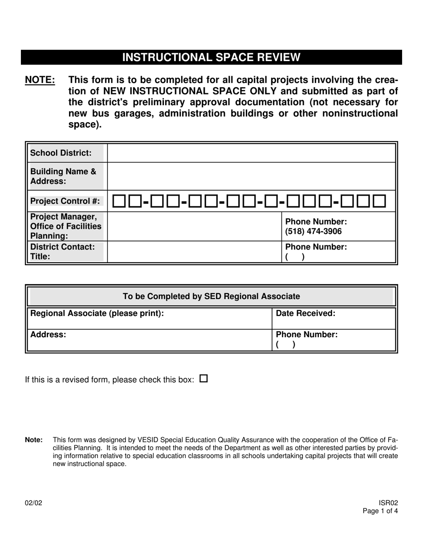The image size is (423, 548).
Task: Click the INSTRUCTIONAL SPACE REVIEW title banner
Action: pyautogui.click(x=211, y=57)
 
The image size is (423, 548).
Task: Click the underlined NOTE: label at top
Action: pyautogui.click(x=40, y=80)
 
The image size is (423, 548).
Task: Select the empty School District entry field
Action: pyautogui.click(x=251, y=153)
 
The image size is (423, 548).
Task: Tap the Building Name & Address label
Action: pyautogui.click(x=63, y=176)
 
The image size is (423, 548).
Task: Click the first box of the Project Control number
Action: pyautogui.click(x=119, y=201)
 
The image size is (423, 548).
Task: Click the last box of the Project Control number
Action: pyautogui.click(x=379, y=201)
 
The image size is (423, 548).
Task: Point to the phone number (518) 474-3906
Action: pyautogui.click(x=313, y=231)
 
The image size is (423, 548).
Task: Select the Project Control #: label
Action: pyautogui.click(x=65, y=201)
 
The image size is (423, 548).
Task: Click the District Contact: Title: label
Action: pyautogui.click(x=62, y=252)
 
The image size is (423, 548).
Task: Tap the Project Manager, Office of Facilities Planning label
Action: pyautogui.click(x=66, y=226)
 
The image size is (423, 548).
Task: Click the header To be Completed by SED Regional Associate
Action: pyautogui.click(x=211, y=297)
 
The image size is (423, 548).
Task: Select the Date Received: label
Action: pyautogui.click(x=305, y=314)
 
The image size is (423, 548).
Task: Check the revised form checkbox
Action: pyautogui.click(x=203, y=379)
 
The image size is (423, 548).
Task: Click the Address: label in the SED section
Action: pyautogui.click(x=48, y=335)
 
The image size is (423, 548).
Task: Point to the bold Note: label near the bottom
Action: pyautogui.click(x=34, y=440)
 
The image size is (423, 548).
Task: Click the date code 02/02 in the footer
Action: pyautogui.click(x=34, y=503)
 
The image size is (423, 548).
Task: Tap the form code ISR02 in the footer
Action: pyautogui.click(x=388, y=503)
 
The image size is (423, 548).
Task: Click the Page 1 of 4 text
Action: pyautogui.click(x=380, y=511)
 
